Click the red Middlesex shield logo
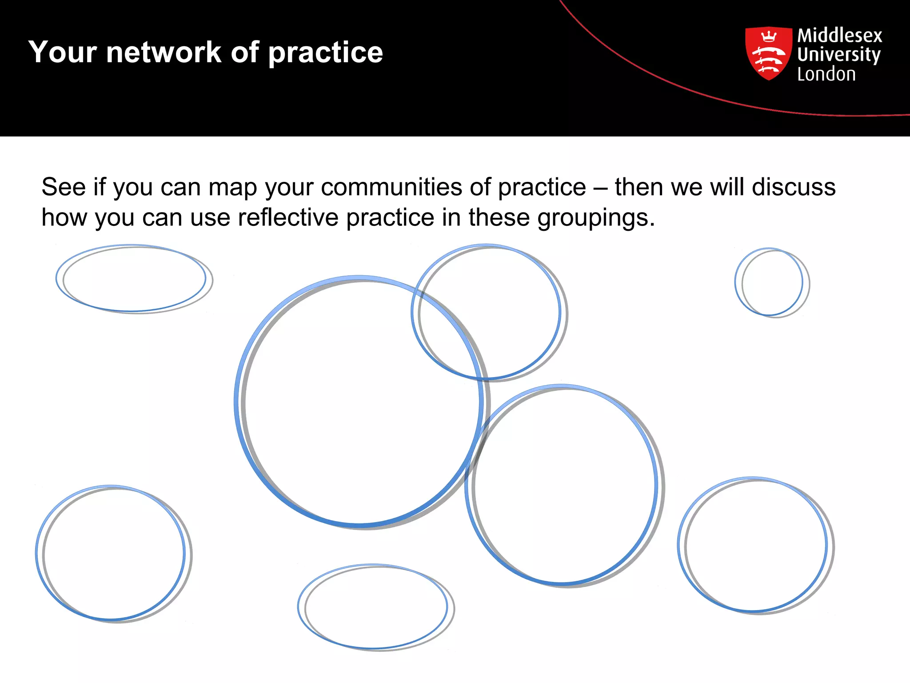768,53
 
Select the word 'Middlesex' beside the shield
839,36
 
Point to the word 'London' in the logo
826,74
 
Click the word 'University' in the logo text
838,55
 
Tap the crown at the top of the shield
769,36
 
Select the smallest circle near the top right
772,282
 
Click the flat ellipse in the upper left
134,279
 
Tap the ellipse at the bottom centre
375,607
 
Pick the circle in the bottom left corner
113,554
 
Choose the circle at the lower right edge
755,546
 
